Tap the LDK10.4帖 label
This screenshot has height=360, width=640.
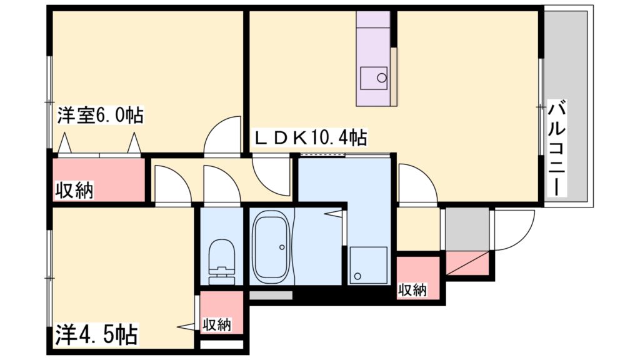coord(309,137)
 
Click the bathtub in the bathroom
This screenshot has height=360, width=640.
coord(271,247)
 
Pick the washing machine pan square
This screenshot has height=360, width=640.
coord(369,264)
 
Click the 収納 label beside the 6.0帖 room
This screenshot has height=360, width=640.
coord(73,189)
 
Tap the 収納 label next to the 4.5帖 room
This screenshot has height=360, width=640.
coord(217,324)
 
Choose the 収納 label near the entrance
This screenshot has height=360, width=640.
coord(412,289)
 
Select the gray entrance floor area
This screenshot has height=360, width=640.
coord(466,229)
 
